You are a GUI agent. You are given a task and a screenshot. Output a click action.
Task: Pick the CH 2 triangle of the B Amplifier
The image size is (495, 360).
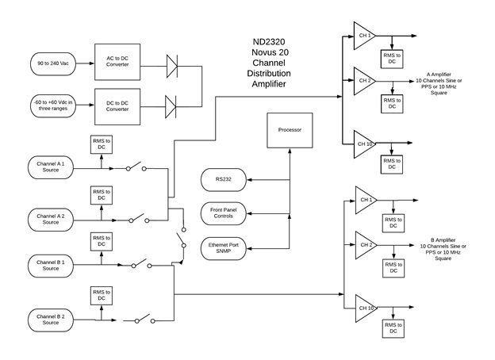click(364, 243)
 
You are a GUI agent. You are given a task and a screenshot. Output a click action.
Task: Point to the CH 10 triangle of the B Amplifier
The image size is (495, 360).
click(364, 308)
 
